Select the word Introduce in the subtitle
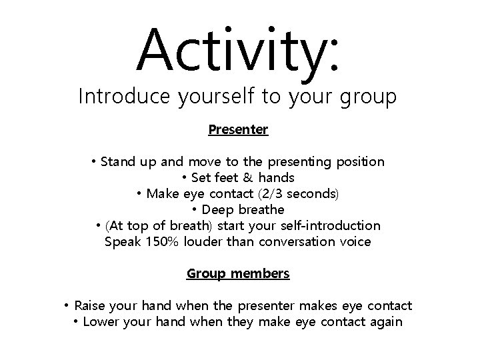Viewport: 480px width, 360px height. tap(125, 97)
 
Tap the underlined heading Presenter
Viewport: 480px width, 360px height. tap(238, 129)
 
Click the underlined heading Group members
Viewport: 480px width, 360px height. tap(238, 273)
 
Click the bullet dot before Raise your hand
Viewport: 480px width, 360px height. tap(68, 306)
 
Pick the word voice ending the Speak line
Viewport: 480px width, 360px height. tap(355, 242)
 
